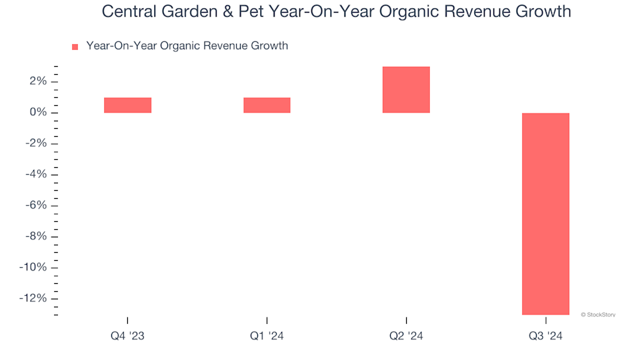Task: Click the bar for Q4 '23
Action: (127, 105)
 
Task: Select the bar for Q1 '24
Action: (267, 105)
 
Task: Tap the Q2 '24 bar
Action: (406, 89)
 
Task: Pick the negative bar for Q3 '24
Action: (545, 213)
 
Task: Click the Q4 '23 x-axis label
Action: (127, 337)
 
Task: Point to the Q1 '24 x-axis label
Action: (267, 337)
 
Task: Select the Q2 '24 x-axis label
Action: (406, 337)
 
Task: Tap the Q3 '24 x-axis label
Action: (545, 337)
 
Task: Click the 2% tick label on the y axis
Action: (37, 81)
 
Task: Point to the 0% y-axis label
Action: (37, 113)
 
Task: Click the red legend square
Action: (75, 47)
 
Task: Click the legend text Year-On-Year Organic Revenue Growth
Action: (187, 46)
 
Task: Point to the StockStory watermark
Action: (597, 314)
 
